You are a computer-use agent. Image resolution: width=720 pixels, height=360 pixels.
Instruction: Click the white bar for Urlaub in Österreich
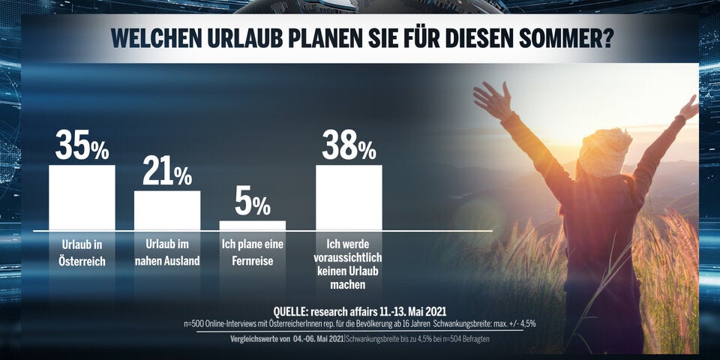point(82,197)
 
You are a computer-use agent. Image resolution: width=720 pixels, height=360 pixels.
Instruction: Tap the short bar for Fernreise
point(252,225)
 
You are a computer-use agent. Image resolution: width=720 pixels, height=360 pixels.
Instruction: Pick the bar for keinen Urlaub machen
point(349,197)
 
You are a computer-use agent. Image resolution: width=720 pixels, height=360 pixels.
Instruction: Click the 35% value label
point(82,145)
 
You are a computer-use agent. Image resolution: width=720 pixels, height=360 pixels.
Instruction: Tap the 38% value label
point(349,145)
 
